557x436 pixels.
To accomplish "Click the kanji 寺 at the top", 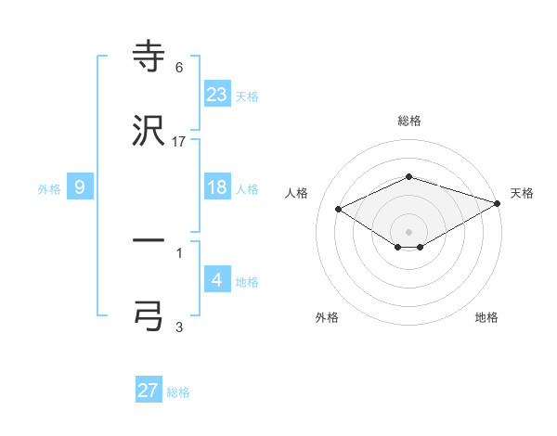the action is [149, 58].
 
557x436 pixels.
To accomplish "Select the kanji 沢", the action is [149, 133].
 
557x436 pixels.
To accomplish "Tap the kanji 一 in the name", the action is [149, 241].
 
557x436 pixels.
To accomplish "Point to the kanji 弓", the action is [149, 315].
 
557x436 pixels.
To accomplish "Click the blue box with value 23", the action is [217, 94].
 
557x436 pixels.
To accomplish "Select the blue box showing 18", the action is [217, 187].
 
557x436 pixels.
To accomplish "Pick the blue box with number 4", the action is [217, 279].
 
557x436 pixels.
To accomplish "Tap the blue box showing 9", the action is [80, 187].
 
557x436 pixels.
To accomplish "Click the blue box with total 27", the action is [149, 391].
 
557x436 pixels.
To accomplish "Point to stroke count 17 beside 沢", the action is [179, 142].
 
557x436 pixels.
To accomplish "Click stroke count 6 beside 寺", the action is [179, 68].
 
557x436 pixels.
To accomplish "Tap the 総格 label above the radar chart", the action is [409, 122].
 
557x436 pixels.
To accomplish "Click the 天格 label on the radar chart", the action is [522, 193].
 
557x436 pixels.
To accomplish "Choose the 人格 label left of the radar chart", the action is [297, 193].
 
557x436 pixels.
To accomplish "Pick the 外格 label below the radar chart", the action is [327, 317].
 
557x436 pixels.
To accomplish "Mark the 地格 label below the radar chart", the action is [486, 317].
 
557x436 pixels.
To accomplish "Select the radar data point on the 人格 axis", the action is [339, 209].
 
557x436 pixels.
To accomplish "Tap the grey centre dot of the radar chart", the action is [409, 231].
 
